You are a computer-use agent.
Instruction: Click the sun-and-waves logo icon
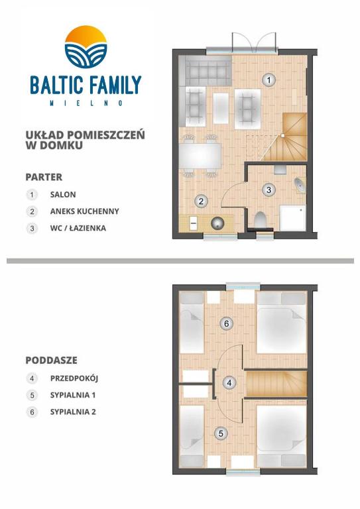tap(85, 44)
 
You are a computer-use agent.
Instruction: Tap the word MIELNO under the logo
tap(85, 103)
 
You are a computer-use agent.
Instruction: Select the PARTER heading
tap(44, 177)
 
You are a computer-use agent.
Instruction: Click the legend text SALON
tap(63, 195)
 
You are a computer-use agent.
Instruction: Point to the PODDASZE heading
tap(52, 361)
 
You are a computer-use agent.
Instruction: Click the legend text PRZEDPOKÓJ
tap(74, 378)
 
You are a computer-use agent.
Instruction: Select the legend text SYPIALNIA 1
tap(73, 395)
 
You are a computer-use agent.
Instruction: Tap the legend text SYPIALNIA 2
tap(73, 412)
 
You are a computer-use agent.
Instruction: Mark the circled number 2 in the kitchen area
tap(201, 201)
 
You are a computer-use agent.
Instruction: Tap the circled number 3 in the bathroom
tap(269, 190)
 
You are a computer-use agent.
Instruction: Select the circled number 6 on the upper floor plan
tap(227, 323)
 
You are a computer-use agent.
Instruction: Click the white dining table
tap(200, 156)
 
